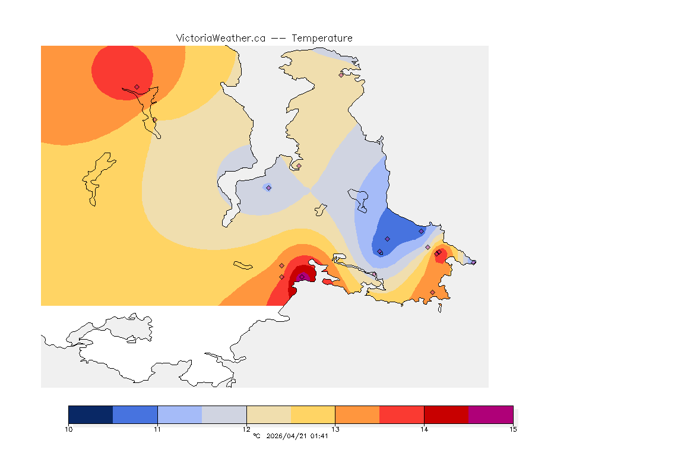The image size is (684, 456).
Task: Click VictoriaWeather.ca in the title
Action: coord(220,38)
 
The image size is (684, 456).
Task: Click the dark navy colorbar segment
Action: coord(90,414)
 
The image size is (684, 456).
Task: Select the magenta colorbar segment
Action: coord(490,414)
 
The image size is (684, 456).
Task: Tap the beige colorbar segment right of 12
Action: coord(268,414)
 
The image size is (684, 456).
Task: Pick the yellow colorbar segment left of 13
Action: coord(313,414)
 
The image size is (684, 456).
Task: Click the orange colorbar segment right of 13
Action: coord(357,414)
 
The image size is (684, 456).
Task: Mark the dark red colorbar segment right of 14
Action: coord(446,414)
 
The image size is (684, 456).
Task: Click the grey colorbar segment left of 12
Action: coord(224,414)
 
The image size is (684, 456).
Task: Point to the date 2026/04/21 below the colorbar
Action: coord(286,436)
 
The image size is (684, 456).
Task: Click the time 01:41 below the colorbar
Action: coord(319,436)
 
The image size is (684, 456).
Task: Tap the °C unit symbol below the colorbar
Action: coord(256,436)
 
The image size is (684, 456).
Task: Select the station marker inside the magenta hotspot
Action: coord(302,277)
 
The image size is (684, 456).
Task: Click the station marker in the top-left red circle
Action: coord(137,87)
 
